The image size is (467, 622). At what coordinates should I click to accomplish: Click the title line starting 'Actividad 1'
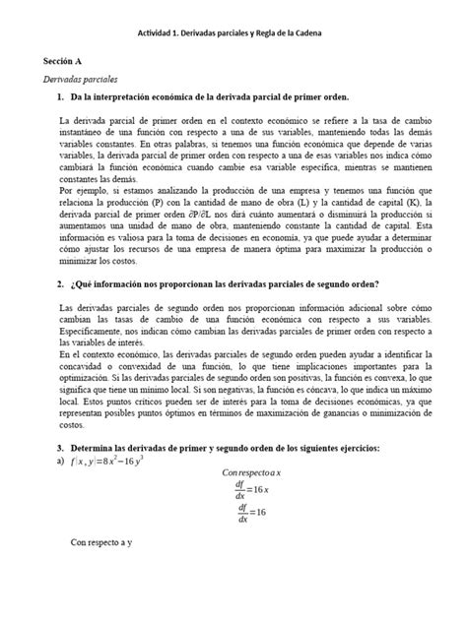click(x=233, y=35)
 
